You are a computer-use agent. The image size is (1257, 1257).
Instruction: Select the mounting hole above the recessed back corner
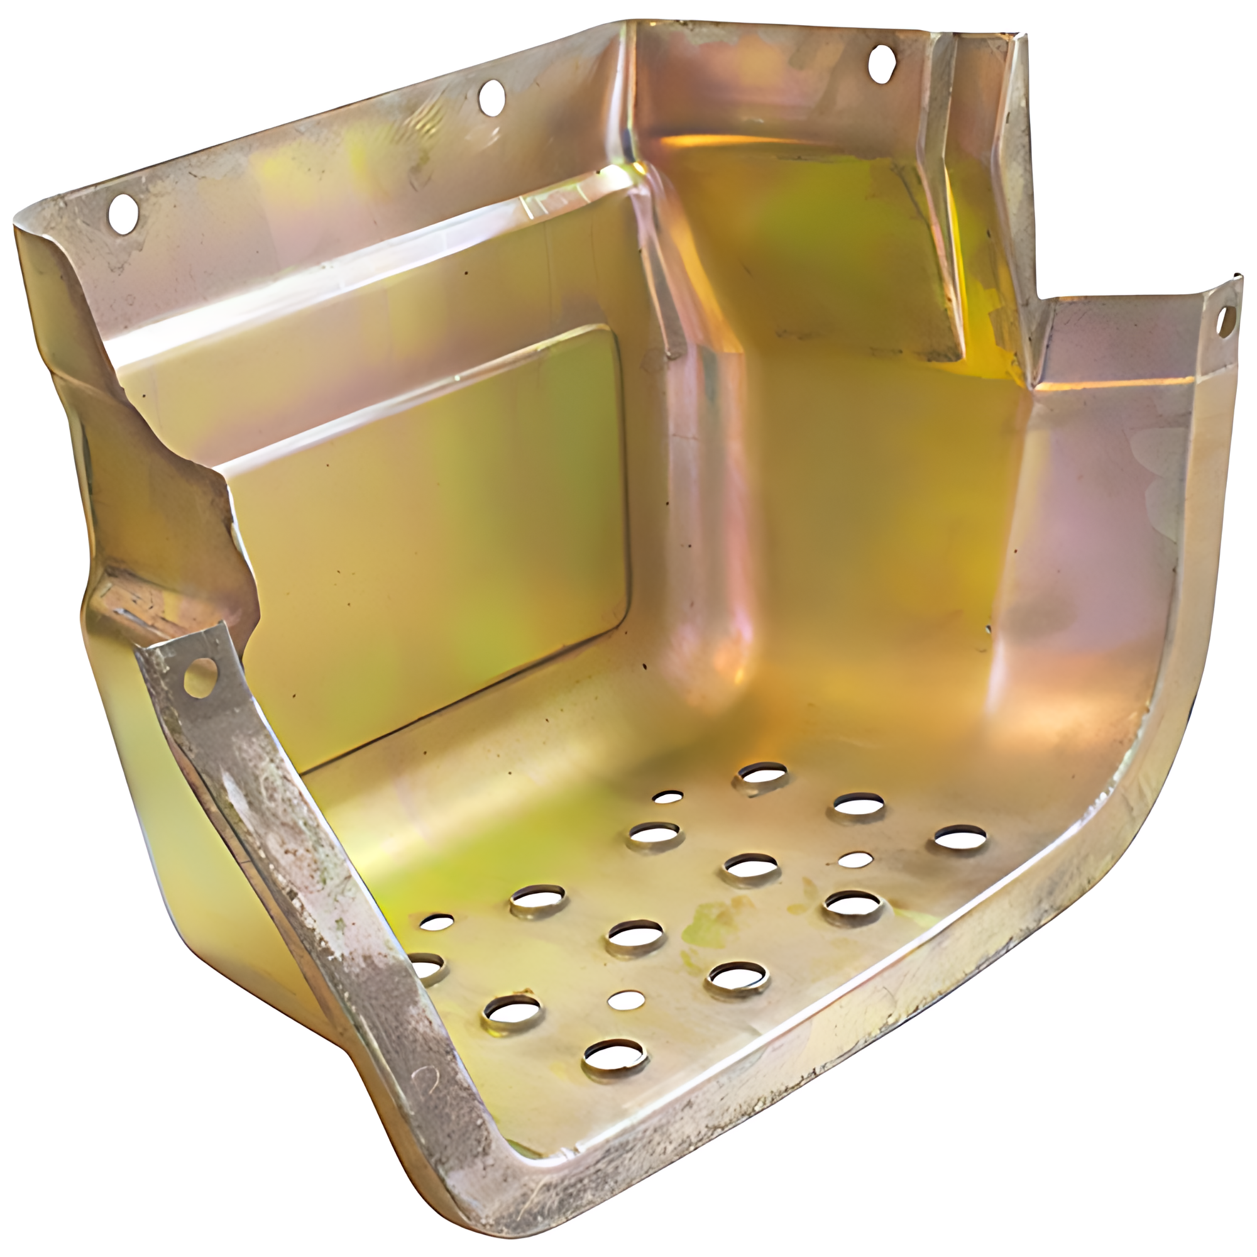pos(882,63)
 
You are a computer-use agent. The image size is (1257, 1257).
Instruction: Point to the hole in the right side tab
pos(1226,319)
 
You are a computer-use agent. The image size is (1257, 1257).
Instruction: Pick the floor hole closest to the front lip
pos(615,1056)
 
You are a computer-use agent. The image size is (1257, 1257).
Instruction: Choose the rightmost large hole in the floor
pos(960,838)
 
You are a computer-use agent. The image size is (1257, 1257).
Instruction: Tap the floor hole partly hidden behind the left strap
pos(429,969)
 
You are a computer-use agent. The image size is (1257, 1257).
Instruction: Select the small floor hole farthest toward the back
pos(667,796)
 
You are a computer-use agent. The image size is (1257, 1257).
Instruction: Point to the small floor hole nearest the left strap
pos(437,921)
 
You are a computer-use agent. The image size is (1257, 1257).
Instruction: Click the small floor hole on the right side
pos(855,860)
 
